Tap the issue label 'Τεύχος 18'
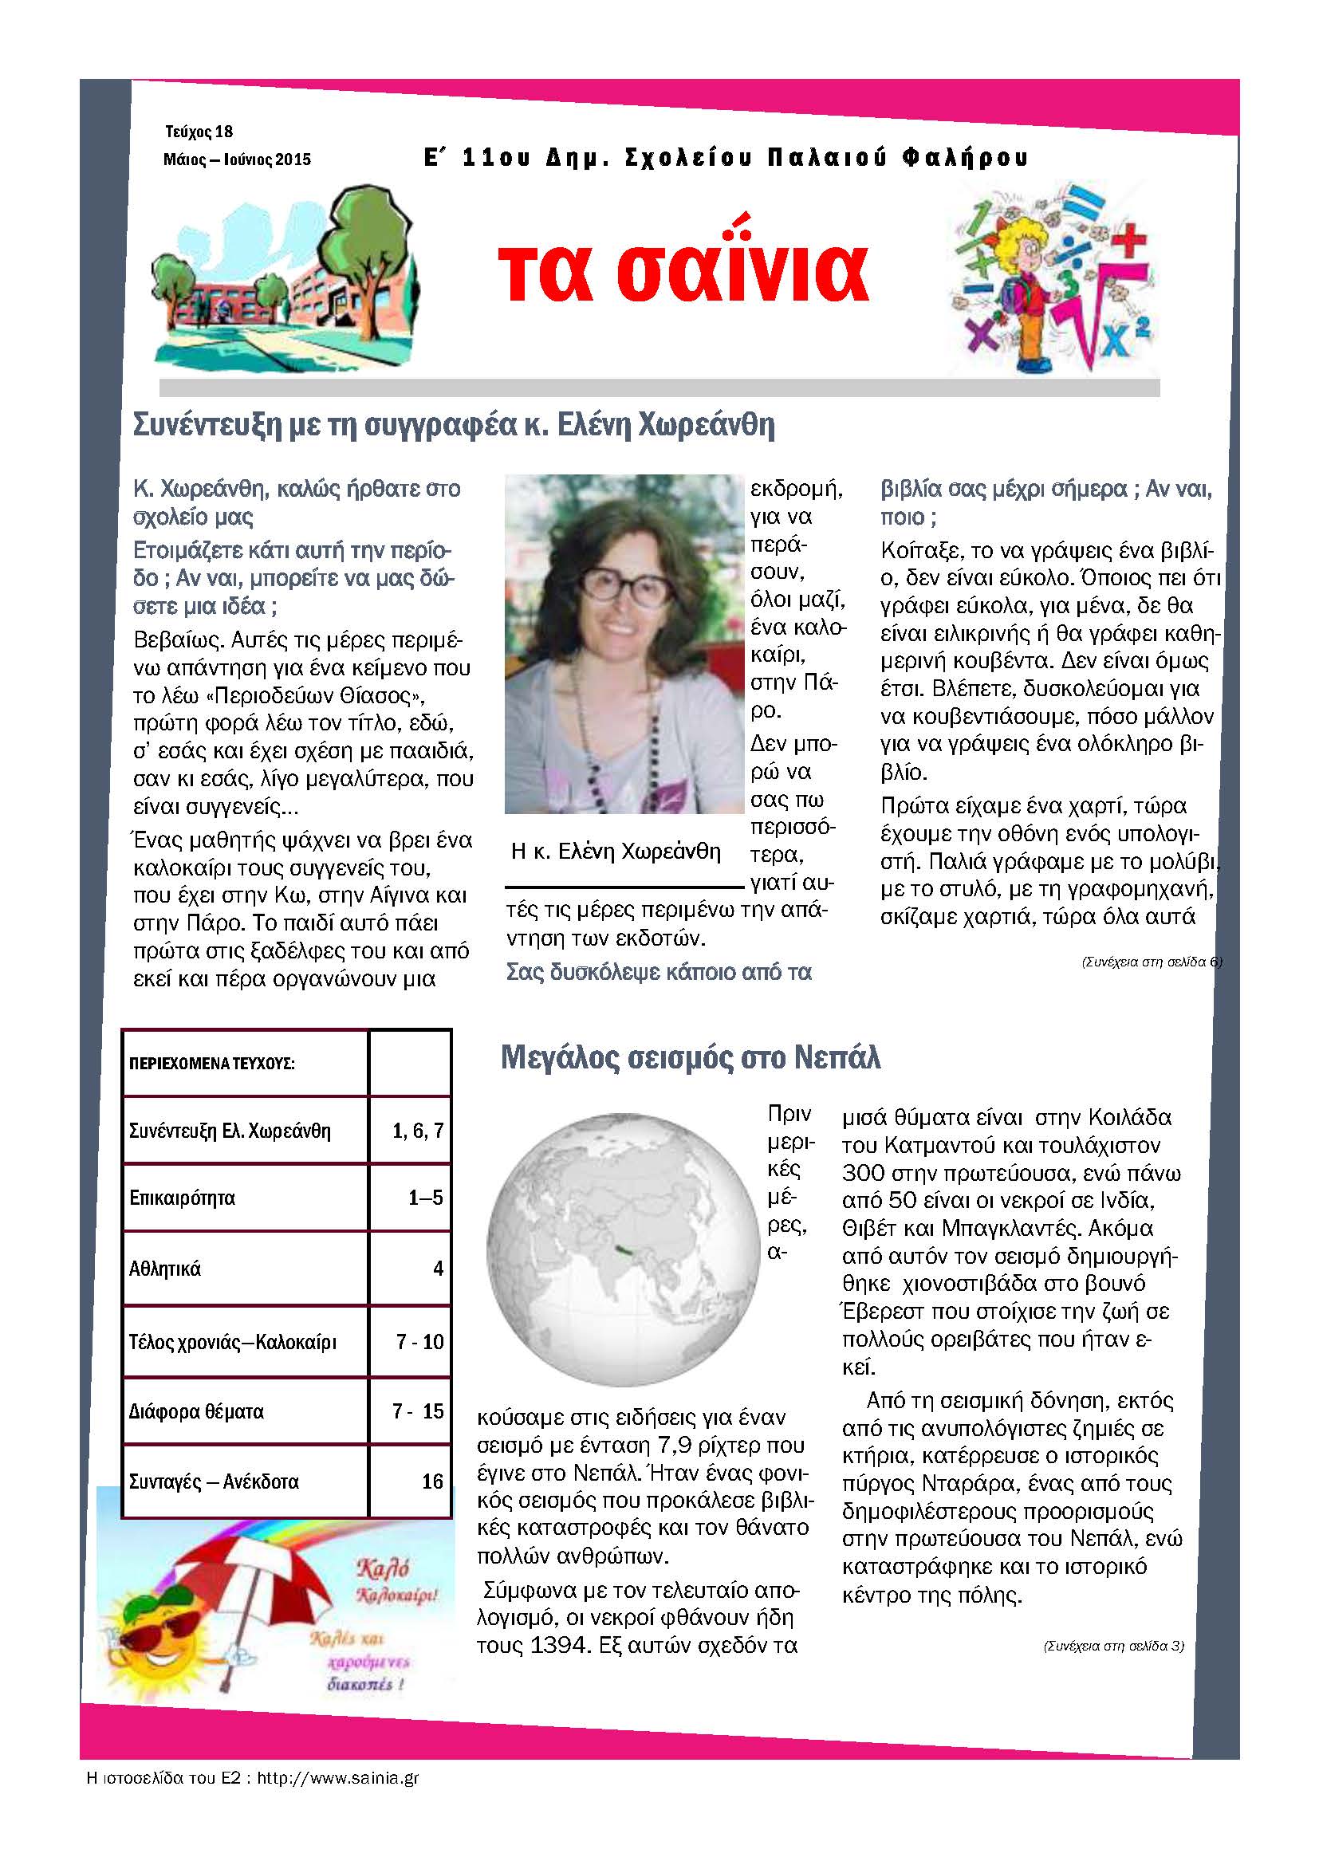tap(199, 132)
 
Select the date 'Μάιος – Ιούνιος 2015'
tap(236, 159)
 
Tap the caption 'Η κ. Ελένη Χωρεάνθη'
tap(616, 852)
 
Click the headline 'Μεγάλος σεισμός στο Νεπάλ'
tap(690, 1057)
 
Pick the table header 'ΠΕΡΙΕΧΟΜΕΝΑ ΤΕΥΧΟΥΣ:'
tap(211, 1064)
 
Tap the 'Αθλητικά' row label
tap(165, 1269)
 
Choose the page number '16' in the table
tap(432, 1481)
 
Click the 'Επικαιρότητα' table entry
tap(182, 1198)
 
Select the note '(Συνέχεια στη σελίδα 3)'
tap(1113, 1647)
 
